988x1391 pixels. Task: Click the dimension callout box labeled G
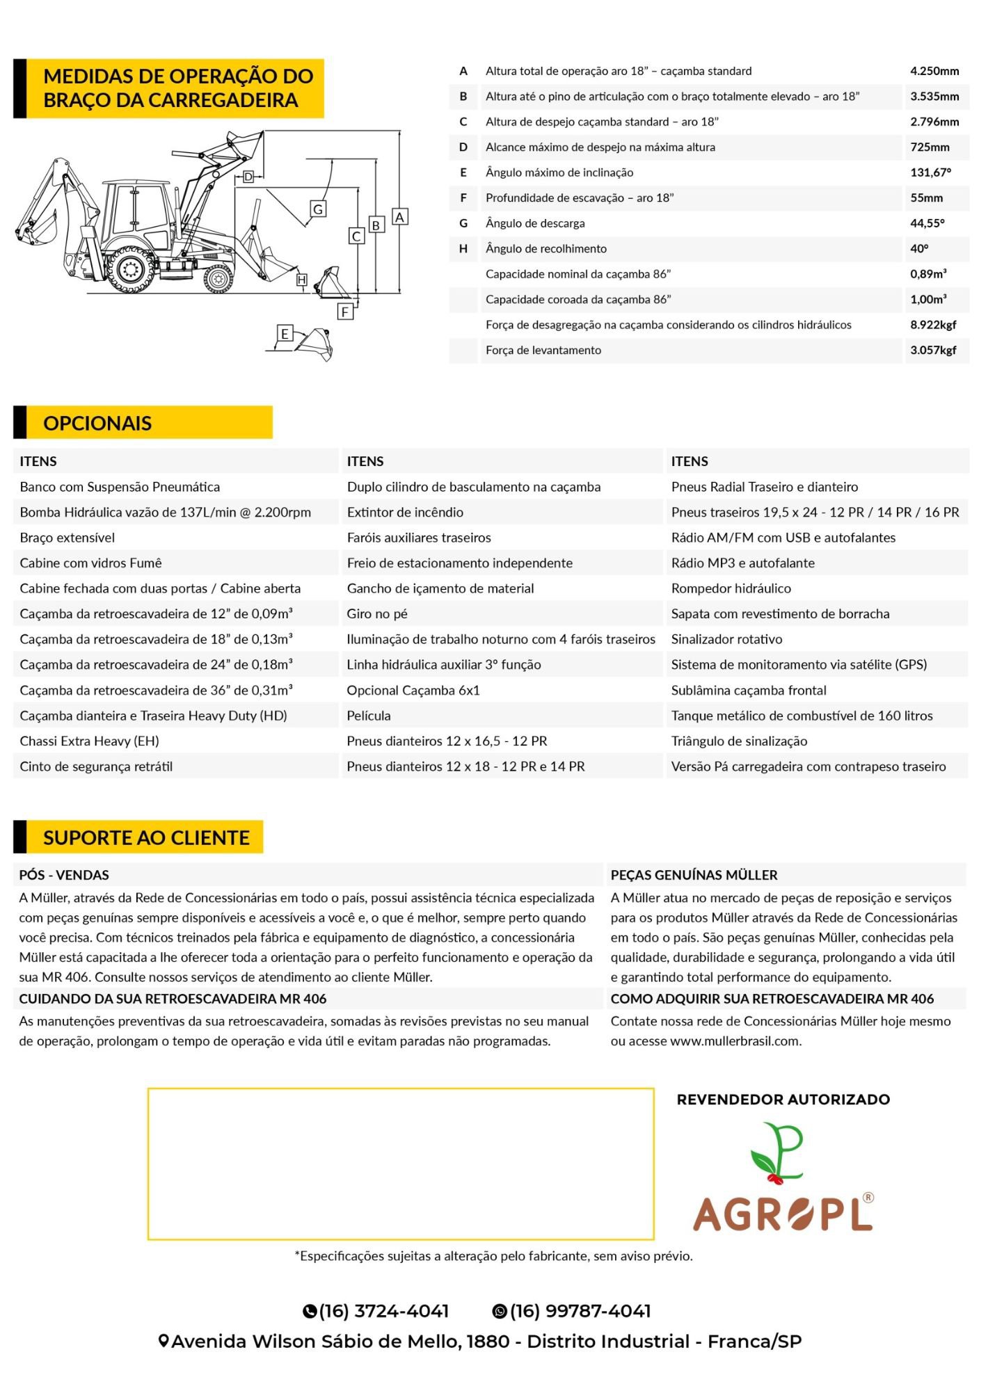[x=318, y=209]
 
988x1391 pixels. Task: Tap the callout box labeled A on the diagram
[x=399, y=217]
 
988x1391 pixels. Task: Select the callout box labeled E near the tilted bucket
[x=285, y=334]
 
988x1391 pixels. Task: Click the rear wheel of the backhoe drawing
[x=130, y=269]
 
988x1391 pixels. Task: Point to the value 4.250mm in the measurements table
[x=934, y=71]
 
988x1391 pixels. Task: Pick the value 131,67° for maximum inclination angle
[x=930, y=172]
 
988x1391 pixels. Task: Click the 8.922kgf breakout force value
[x=933, y=325]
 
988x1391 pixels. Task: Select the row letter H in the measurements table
[x=463, y=249]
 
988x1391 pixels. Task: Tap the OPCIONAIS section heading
[x=97, y=423]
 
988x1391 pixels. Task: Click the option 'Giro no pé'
[x=377, y=614]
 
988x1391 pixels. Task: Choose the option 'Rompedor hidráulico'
[x=731, y=588]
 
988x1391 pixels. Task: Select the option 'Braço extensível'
[x=67, y=538]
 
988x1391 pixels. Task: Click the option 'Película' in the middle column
[x=369, y=716]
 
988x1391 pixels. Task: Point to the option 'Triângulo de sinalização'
[x=739, y=741]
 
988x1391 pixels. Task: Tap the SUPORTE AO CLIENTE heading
[x=146, y=837]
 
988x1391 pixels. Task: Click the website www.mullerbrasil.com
[x=735, y=1041]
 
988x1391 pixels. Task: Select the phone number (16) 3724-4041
[x=384, y=1311]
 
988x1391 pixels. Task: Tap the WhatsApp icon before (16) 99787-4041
[x=499, y=1312]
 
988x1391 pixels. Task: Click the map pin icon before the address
[x=164, y=1342]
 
